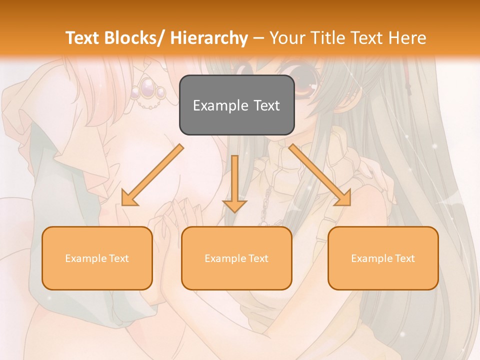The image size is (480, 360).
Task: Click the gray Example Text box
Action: tap(236, 105)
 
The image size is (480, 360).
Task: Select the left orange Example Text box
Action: tap(97, 258)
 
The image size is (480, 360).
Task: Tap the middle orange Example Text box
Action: tap(236, 258)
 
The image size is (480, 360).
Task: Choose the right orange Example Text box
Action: tap(383, 258)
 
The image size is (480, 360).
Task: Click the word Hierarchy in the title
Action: tap(209, 38)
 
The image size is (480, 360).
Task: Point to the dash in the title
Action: tap(258, 38)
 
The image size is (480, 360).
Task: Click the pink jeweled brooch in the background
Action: tap(148, 90)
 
